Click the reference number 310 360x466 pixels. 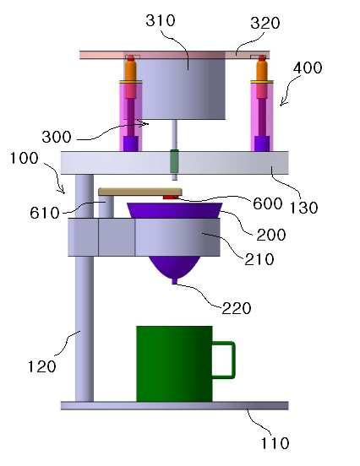161,21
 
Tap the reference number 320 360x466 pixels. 265,23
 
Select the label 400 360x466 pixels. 308,68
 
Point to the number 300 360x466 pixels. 57,138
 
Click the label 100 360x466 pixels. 25,158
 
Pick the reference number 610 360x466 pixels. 45,213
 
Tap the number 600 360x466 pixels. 268,204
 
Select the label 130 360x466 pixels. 303,208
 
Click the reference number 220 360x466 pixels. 237,308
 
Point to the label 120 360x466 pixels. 41,366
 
